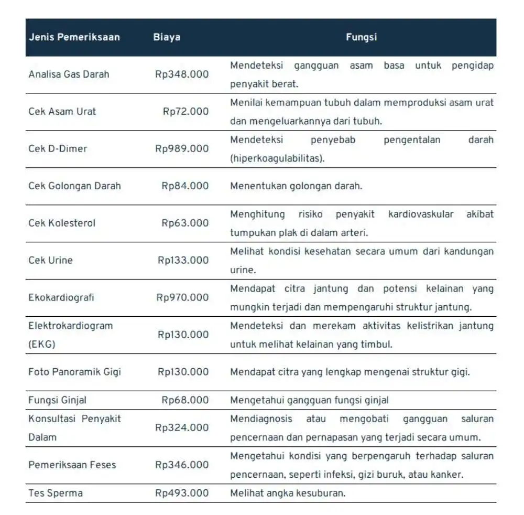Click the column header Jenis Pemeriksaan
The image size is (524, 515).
pyautogui.click(x=74, y=37)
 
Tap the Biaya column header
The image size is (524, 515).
pyautogui.click(x=167, y=37)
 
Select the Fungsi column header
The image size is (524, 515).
pyautogui.click(x=361, y=37)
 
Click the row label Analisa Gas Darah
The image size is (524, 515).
pyautogui.click(x=69, y=74)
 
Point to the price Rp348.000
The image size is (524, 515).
pyautogui.click(x=182, y=74)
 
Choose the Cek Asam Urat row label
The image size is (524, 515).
pyautogui.click(x=62, y=112)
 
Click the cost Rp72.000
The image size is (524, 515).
pyautogui.click(x=185, y=112)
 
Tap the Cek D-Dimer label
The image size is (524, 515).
pyautogui.click(x=58, y=149)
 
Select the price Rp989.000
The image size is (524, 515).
pyautogui.click(x=182, y=149)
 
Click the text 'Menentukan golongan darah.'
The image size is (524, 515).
pyautogui.click(x=296, y=186)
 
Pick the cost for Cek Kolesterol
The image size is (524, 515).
pyautogui.click(x=185, y=223)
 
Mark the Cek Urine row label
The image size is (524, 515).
pyautogui.click(x=50, y=261)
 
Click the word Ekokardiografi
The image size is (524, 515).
pyautogui.click(x=61, y=298)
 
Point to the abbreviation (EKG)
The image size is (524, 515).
pyautogui.click(x=41, y=345)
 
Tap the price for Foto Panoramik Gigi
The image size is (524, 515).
pyautogui.click(x=183, y=372)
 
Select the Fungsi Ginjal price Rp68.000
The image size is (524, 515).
pyautogui.click(x=185, y=401)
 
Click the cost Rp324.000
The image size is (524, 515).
pyautogui.click(x=182, y=428)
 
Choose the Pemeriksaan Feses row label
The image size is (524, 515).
pyautogui.click(x=72, y=465)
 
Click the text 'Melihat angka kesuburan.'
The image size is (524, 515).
pyautogui.click(x=288, y=493)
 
